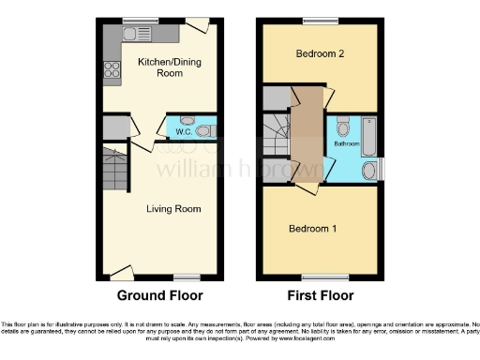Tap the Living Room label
click(x=174, y=208)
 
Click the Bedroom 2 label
click(x=321, y=53)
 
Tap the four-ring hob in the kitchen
click(x=111, y=67)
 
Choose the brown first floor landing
click(x=306, y=141)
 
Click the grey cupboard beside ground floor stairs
click(x=114, y=128)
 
